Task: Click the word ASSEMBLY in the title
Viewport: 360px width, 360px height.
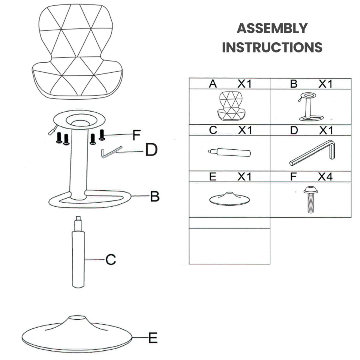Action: tap(272, 28)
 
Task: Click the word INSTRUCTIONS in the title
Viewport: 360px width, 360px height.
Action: tap(272, 47)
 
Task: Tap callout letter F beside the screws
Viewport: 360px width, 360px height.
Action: tap(136, 135)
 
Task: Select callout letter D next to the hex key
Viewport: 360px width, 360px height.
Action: tap(151, 150)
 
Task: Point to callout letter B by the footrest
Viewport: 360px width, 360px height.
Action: tap(155, 196)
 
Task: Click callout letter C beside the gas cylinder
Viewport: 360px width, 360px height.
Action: tap(111, 259)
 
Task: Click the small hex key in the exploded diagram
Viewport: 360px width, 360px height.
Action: tap(112, 152)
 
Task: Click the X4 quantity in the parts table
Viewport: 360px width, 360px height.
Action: tap(325, 176)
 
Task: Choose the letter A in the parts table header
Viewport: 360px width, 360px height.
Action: tap(213, 84)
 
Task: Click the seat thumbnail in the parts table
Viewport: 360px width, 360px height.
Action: tap(232, 106)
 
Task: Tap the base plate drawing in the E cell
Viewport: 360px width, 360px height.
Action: tap(229, 199)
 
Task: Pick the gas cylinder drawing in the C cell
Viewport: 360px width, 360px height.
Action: tap(229, 152)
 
